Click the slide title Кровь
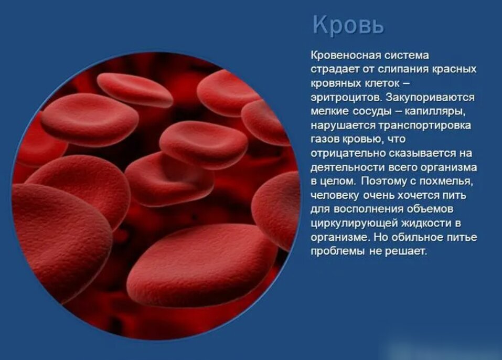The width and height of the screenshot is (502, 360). (348, 25)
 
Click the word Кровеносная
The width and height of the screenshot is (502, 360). (345, 55)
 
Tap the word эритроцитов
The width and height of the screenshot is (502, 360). (346, 98)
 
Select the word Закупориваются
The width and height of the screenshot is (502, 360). (430, 97)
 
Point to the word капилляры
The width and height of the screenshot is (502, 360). (435, 111)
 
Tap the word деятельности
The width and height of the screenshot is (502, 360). (347, 167)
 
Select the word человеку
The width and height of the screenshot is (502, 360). (335, 195)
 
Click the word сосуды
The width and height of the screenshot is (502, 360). (372, 111)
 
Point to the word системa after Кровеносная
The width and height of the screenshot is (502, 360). (407, 55)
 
